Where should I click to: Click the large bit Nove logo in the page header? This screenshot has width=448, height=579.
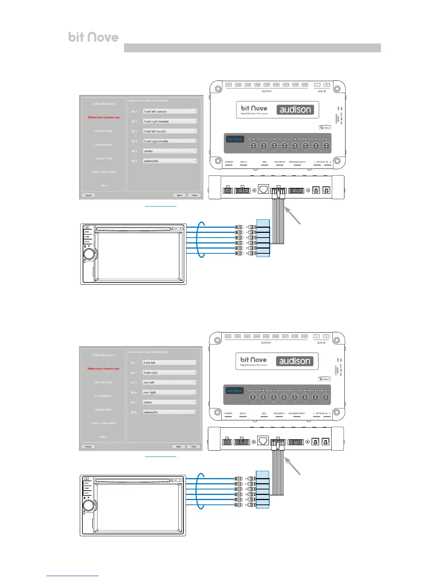point(93,37)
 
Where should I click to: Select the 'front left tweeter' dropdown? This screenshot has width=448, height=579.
point(170,111)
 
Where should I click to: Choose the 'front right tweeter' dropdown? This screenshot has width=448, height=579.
point(170,121)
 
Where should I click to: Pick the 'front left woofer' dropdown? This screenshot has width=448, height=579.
point(170,131)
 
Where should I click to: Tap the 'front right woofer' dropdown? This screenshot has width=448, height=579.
point(170,141)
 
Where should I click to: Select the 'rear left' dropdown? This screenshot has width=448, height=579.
point(169,382)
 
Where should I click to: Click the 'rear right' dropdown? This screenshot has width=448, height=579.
point(169,392)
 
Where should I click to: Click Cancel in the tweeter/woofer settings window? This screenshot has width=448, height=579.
point(89,195)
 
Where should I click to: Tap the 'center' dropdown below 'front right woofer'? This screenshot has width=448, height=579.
point(170,151)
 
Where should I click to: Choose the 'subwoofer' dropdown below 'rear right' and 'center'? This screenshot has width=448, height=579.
point(169,412)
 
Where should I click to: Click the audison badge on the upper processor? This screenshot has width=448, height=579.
point(295,110)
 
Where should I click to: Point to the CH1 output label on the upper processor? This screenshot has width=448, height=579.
point(229,85)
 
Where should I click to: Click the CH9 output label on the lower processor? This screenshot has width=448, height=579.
point(304,336)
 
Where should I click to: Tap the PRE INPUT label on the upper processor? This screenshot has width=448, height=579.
point(280,162)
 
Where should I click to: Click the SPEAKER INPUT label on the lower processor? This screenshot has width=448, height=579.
point(297,413)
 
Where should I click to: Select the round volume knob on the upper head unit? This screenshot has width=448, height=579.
point(89,254)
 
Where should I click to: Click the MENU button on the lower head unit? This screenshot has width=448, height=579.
point(87,483)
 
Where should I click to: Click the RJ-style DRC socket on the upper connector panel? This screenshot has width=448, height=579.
point(263,189)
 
